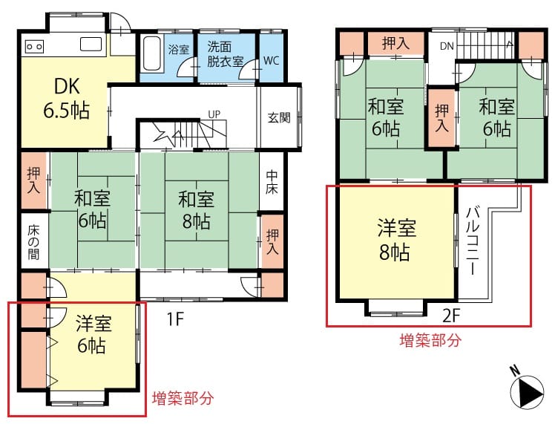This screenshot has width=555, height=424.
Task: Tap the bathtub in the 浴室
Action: click(153, 53)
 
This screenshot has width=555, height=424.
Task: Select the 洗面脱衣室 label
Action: click(225, 54)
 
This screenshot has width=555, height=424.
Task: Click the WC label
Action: click(271, 61)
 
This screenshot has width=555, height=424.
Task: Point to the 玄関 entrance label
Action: click(279, 117)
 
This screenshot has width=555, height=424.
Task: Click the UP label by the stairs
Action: click(214, 114)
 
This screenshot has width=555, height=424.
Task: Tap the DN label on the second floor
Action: click(447, 46)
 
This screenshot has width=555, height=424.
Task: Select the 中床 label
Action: click(272, 183)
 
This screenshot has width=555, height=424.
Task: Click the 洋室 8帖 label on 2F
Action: click(396, 240)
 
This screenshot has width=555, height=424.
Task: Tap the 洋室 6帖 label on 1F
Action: click(93, 333)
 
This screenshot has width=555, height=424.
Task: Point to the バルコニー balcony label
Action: click(473, 241)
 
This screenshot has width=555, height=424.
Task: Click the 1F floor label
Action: click(176, 319)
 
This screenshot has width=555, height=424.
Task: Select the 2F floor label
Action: click(451, 316)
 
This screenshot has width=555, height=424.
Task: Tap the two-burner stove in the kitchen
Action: click(35, 46)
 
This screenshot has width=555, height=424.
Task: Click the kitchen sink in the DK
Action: click(91, 45)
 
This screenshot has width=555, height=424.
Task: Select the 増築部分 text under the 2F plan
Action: click(430, 340)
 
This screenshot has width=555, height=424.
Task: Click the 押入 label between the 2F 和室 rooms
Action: click(441, 118)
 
